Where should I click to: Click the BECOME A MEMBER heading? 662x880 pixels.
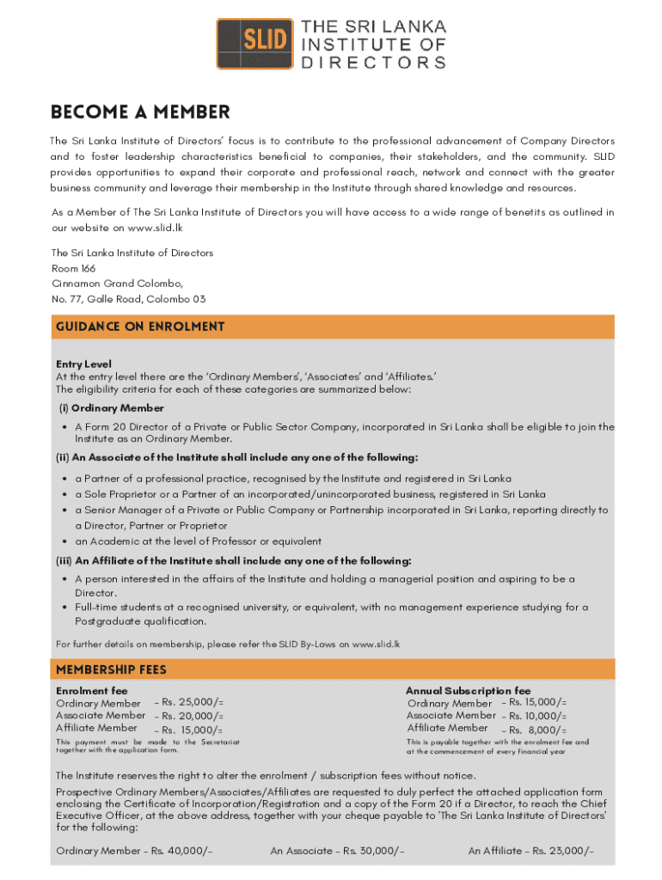140,113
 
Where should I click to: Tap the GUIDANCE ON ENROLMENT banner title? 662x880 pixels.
140,327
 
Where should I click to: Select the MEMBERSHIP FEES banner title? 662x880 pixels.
111,669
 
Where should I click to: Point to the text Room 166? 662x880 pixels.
74,268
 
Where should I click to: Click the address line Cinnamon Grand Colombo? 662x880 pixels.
117,284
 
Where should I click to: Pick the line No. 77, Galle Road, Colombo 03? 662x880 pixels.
129,299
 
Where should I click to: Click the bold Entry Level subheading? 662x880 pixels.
83,364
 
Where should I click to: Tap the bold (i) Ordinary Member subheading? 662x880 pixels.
110,408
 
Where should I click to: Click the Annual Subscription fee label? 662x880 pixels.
468,691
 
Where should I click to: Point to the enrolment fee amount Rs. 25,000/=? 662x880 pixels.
193,703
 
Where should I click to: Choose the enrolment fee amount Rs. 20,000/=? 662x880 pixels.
193,716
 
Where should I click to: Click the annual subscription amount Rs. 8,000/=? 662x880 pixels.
537,730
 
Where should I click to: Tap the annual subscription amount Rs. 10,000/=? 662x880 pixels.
537,716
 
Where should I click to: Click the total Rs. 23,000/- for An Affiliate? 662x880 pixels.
562,851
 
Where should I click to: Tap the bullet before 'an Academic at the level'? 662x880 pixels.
65,541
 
